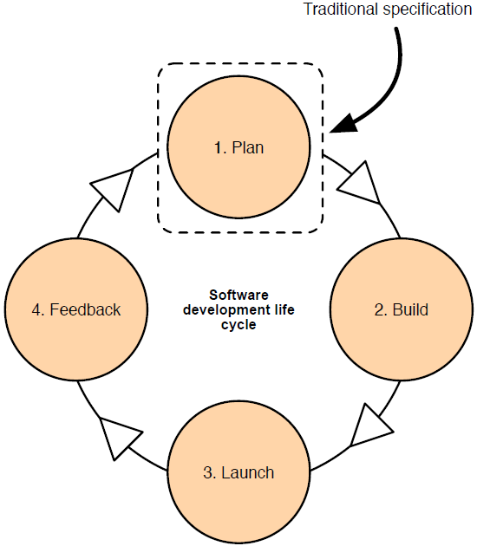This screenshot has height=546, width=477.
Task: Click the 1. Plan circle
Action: [x=238, y=147]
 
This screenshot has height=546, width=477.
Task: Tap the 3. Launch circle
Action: [x=238, y=472]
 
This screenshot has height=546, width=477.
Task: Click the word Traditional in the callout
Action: [x=339, y=10]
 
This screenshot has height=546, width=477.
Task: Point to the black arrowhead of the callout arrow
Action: [x=344, y=122]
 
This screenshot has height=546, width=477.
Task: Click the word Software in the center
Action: [x=238, y=294]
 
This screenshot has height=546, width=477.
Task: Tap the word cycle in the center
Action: [x=238, y=326]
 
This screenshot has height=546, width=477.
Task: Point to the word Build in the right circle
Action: [x=410, y=309]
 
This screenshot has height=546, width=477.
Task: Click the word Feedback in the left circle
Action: [x=85, y=309]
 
